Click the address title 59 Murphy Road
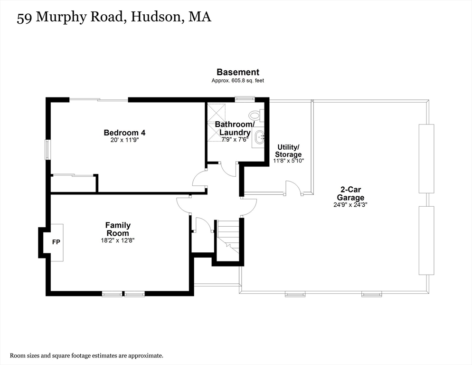pos(113,18)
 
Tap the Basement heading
pos(237,72)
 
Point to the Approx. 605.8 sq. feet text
pos(237,81)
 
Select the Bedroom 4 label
pos(124,133)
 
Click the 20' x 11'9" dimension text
pos(124,140)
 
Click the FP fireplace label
pos(56,242)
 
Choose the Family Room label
pos(118,229)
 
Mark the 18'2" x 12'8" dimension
pos(118,240)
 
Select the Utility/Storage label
pos(288,151)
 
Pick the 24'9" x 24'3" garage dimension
pos(350,205)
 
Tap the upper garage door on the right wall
pos(426,158)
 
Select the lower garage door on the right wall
pos(426,240)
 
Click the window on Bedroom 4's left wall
pos(47,150)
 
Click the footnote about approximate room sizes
pos(86,355)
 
